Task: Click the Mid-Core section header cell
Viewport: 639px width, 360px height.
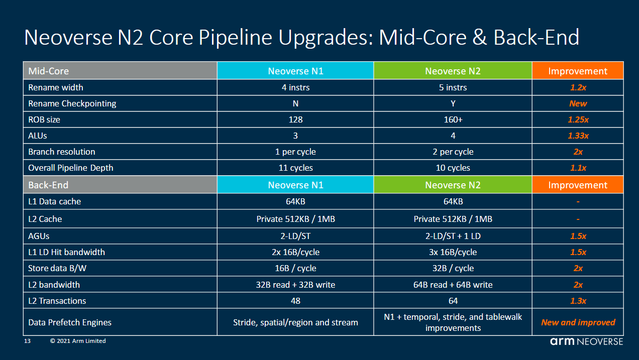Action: (x=120, y=71)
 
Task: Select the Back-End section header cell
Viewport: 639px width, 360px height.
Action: (x=120, y=185)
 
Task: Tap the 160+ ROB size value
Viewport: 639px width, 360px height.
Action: (x=453, y=119)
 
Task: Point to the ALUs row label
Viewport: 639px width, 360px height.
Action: (x=38, y=136)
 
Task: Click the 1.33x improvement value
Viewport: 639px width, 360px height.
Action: (x=578, y=136)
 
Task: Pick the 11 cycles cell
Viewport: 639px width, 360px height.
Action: (x=295, y=168)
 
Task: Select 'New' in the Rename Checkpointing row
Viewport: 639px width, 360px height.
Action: (x=578, y=103)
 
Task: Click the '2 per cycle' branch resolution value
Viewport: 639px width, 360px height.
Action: (x=453, y=152)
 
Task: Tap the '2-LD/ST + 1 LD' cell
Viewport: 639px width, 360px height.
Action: (x=453, y=236)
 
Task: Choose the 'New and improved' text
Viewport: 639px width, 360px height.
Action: (x=578, y=322)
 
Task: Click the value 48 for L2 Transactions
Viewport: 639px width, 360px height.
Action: (x=295, y=301)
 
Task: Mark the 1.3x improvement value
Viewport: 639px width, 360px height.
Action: (x=578, y=301)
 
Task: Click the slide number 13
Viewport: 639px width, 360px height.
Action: (x=28, y=341)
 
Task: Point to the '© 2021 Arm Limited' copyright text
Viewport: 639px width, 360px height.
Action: (x=78, y=341)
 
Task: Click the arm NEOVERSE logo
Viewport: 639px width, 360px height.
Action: (x=586, y=341)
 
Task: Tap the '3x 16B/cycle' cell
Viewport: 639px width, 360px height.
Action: (x=453, y=252)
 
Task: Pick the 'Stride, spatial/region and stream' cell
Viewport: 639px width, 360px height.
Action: (x=295, y=322)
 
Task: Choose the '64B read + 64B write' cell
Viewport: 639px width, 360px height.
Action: (x=453, y=285)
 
